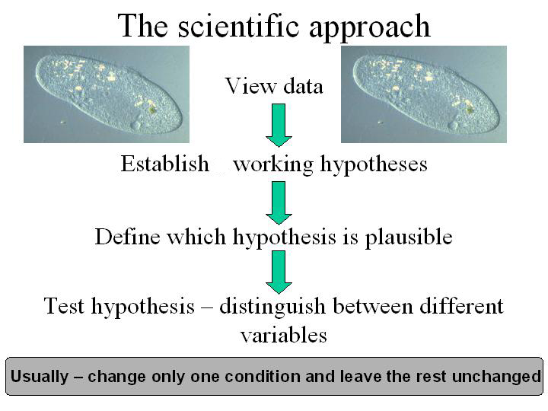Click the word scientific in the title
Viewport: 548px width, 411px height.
(x=239, y=25)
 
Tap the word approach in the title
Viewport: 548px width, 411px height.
(x=370, y=28)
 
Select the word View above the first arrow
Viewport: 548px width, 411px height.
(x=250, y=85)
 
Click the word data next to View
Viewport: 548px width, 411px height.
(x=303, y=86)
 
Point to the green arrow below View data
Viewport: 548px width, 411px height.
(x=279, y=125)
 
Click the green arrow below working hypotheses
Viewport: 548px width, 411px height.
(x=279, y=202)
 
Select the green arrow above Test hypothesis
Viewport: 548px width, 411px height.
(x=279, y=272)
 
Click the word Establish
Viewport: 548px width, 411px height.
(x=165, y=164)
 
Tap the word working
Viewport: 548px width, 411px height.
(x=273, y=164)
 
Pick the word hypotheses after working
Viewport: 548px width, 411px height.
(x=374, y=164)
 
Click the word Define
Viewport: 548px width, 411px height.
(x=128, y=236)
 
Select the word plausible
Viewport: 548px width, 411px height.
(x=409, y=237)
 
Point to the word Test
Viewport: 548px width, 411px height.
(x=64, y=305)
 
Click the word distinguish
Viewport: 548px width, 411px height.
(x=272, y=307)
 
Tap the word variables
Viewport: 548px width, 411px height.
(x=284, y=335)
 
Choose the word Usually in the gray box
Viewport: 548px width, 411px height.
(x=40, y=377)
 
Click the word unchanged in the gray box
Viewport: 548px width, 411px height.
(x=496, y=377)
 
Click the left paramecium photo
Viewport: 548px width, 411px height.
(x=107, y=94)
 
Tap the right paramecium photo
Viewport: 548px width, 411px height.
(x=424, y=94)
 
